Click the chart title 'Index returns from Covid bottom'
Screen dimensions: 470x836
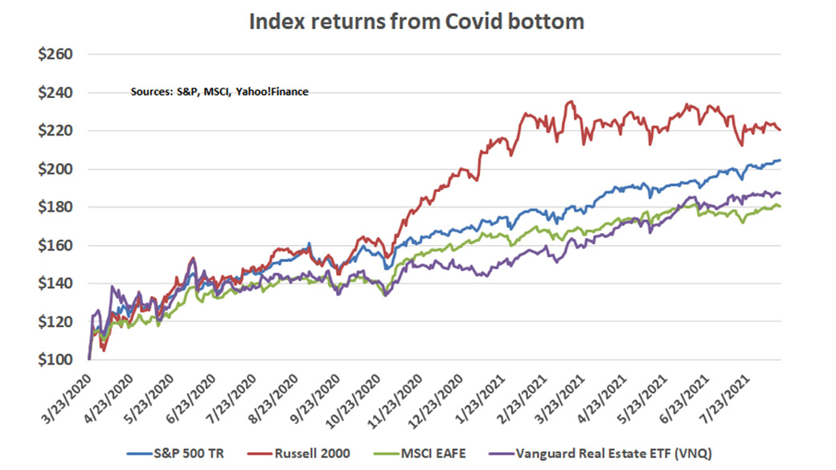416,22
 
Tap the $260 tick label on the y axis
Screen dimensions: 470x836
55,55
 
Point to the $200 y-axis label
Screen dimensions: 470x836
55,170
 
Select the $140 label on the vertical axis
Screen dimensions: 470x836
55,284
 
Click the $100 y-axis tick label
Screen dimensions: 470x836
55,360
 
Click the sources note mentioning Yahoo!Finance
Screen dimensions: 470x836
219,92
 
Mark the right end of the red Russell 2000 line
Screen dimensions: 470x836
781,129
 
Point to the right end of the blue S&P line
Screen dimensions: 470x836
781,161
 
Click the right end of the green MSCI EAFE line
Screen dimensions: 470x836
781,207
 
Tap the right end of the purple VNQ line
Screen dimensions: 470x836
781,193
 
